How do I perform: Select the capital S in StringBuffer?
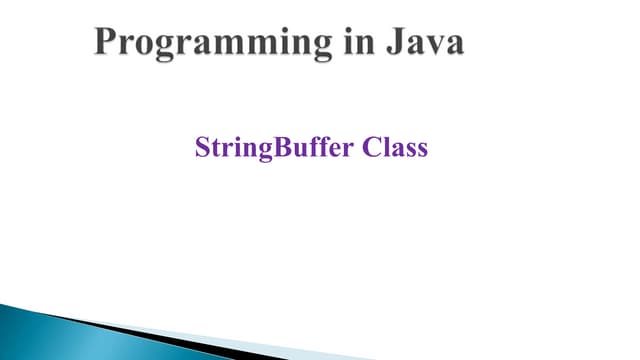click(201, 149)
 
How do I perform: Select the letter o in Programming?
click(146, 46)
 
